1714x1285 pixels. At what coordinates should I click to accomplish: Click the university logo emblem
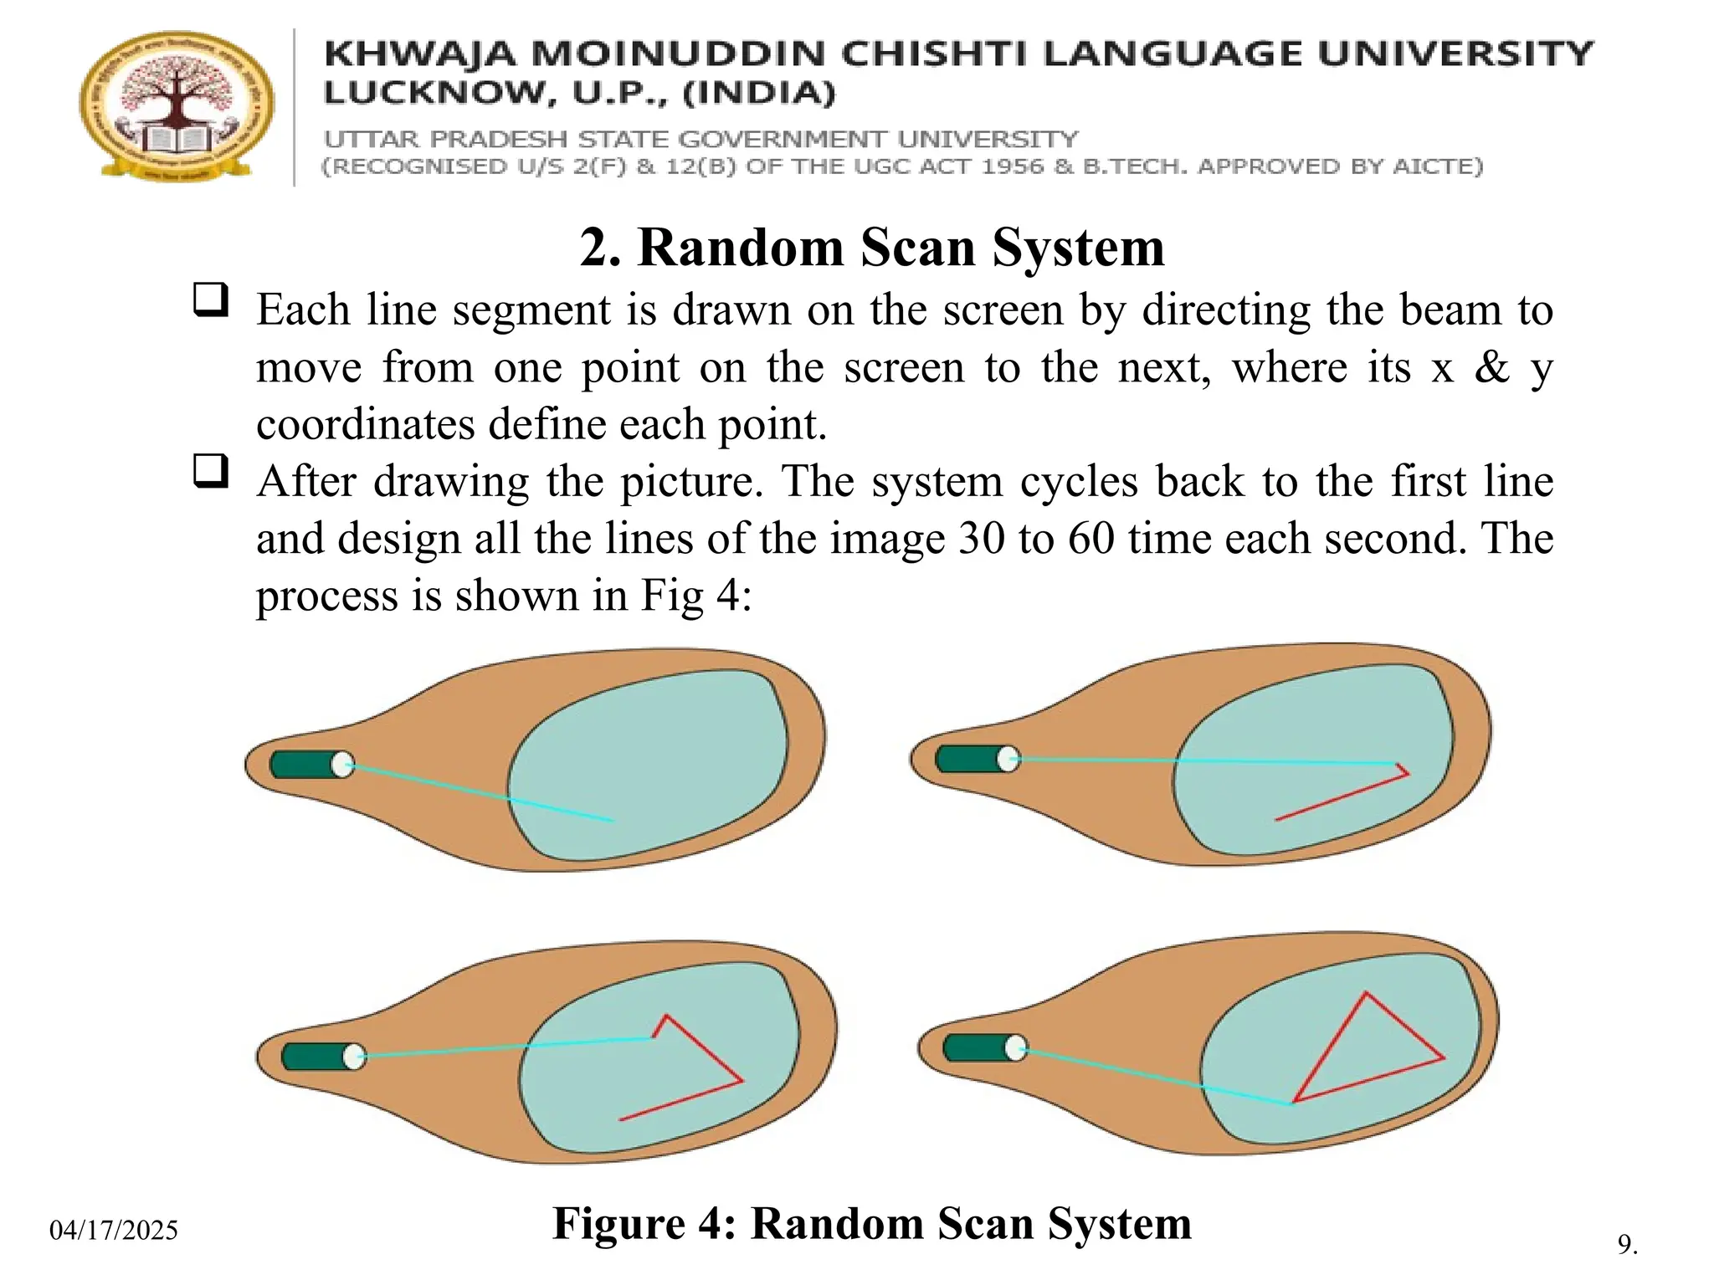point(177,106)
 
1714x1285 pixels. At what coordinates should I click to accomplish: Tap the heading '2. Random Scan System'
point(871,248)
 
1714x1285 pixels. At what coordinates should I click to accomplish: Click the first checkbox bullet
point(210,299)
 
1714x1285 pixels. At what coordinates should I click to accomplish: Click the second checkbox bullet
point(210,471)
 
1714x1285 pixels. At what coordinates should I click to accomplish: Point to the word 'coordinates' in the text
point(365,425)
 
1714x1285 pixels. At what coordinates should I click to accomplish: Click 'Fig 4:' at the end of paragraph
point(696,596)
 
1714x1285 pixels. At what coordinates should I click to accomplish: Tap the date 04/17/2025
point(114,1230)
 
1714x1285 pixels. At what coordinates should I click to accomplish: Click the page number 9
point(1626,1244)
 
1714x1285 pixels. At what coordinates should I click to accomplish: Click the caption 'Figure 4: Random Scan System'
point(871,1223)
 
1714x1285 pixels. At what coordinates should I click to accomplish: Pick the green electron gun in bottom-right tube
point(975,1047)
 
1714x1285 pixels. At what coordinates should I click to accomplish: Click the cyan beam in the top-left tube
point(477,791)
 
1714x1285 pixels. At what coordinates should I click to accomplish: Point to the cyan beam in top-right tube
point(1205,761)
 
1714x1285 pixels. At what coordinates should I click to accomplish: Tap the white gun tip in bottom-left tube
point(354,1057)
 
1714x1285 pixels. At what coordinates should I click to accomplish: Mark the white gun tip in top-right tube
point(1008,759)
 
